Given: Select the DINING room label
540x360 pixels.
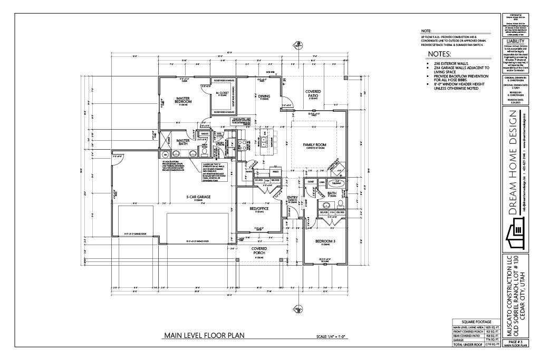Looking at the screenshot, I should [264, 96].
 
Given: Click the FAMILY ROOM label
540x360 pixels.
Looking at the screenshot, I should [315, 145].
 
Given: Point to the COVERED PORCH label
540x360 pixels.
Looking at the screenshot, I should [259, 250].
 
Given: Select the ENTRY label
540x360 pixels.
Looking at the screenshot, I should [292, 199].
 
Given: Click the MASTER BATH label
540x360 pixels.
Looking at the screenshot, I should [183, 142].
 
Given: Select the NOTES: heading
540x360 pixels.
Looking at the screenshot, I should [439, 54].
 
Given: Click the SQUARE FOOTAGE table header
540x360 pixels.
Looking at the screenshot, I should [476, 322].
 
